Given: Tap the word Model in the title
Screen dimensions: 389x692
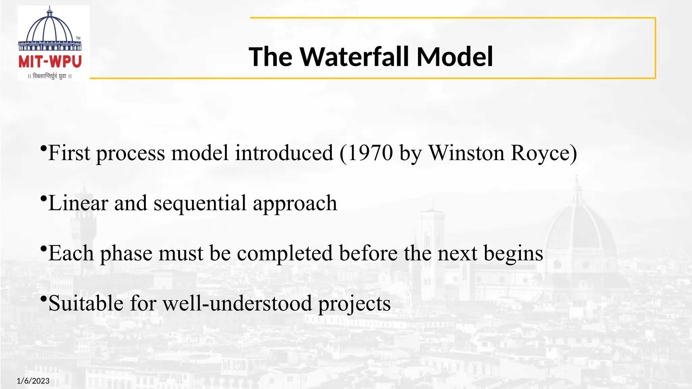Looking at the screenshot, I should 454,57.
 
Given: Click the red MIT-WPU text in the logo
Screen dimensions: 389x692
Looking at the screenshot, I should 50,62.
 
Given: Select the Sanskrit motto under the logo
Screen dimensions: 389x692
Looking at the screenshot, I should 50,76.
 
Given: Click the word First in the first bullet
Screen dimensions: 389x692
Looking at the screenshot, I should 69,153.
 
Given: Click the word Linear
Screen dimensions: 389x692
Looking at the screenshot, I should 78,203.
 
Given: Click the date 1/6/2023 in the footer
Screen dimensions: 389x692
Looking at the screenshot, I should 33,381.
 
